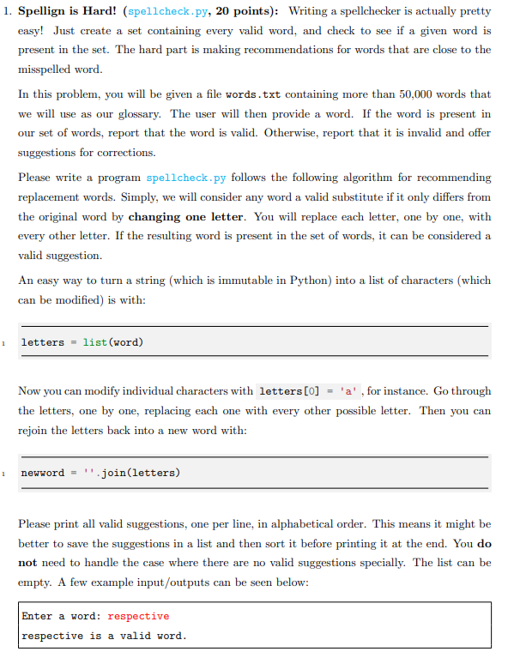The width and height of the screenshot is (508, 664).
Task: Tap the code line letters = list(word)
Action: coord(82,342)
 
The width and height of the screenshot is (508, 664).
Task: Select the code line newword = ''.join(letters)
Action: coord(100,473)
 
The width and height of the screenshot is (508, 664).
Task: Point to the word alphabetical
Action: coord(329,523)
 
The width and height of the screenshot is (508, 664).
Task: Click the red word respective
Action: coord(138,616)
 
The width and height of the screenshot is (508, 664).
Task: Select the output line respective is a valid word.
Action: coord(104,636)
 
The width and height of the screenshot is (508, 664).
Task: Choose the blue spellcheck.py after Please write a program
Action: coord(186,178)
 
